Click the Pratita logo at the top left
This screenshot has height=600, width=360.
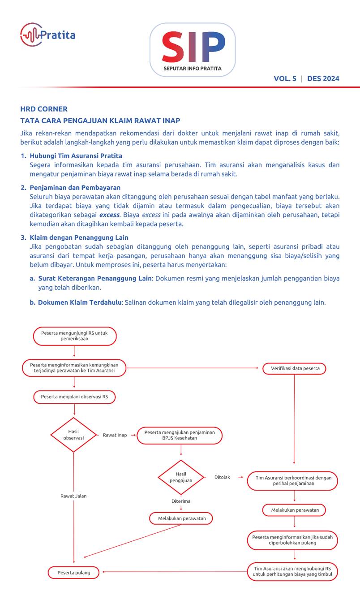[x=47, y=35]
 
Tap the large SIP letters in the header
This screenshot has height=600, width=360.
[x=193, y=47]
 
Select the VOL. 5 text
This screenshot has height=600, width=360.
[x=285, y=78]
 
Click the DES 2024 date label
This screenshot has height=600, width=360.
[x=323, y=78]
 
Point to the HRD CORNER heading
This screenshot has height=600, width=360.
[x=44, y=109]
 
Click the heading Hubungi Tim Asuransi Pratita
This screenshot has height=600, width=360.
[x=76, y=156]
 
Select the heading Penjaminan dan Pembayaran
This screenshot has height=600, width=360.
[x=75, y=187]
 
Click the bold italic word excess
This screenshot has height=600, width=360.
[x=109, y=215]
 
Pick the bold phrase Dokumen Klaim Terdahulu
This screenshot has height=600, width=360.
[x=80, y=302]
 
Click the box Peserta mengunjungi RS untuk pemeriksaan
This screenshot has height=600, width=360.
[x=74, y=336]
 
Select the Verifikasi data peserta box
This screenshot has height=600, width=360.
[x=294, y=369]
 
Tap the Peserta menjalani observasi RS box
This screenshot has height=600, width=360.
[x=74, y=397]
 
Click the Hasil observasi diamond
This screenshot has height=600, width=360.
[x=73, y=435]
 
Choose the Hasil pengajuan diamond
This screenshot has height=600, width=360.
[x=181, y=477]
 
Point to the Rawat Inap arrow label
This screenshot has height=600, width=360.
[x=115, y=435]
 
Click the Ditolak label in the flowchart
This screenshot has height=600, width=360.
[x=222, y=477]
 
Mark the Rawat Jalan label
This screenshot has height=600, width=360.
[x=73, y=496]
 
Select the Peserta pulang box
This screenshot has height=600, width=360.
[x=73, y=573]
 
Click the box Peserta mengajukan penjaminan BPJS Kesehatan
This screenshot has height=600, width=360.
[x=180, y=435]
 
